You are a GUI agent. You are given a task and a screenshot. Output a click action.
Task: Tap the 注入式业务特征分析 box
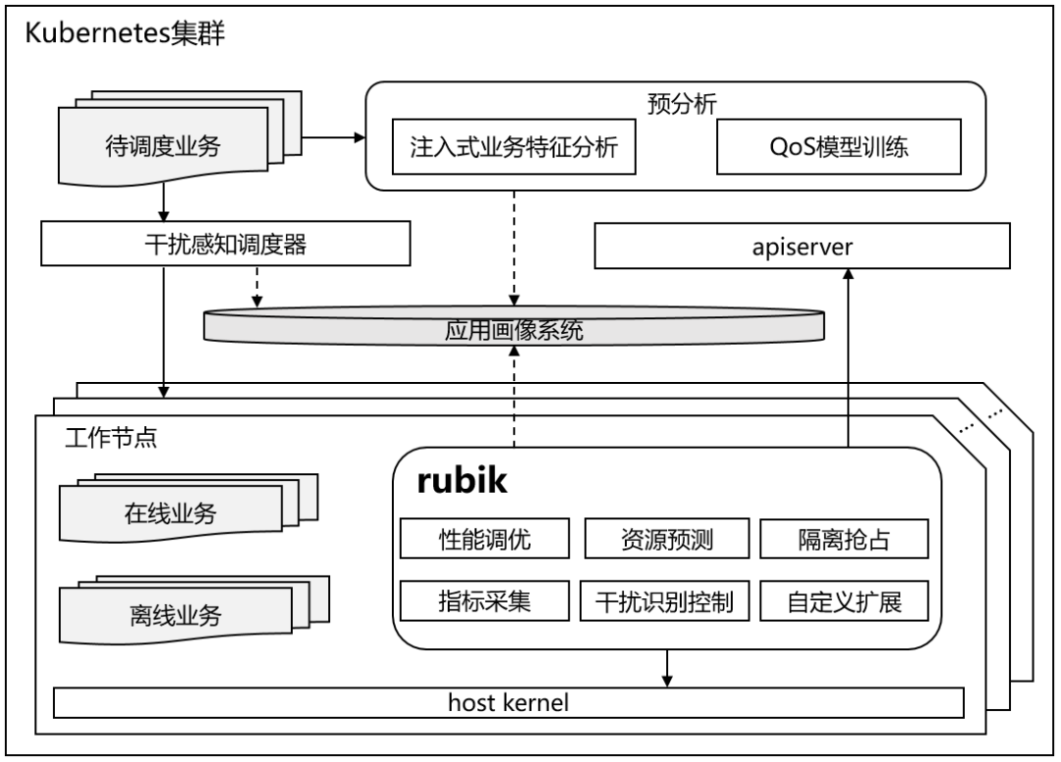pyautogui.click(x=509, y=148)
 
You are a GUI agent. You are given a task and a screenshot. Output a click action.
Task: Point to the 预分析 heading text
pyautogui.click(x=674, y=102)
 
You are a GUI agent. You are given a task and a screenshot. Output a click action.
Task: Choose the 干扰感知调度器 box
pyautogui.click(x=224, y=244)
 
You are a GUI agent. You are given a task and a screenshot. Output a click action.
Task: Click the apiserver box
pyautogui.click(x=802, y=245)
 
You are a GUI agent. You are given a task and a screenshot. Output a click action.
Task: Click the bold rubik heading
pyautogui.click(x=462, y=481)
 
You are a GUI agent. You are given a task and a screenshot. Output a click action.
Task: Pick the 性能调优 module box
pyautogui.click(x=485, y=539)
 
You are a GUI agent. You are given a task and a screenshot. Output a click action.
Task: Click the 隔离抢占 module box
pyautogui.click(x=844, y=539)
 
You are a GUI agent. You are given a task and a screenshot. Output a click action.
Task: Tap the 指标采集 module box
pyautogui.click(x=485, y=600)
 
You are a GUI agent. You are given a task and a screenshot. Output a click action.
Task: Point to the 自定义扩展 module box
pyautogui.click(x=844, y=600)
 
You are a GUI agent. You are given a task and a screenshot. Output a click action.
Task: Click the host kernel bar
pyautogui.click(x=508, y=703)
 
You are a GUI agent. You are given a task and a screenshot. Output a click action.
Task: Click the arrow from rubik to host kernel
pyautogui.click(x=668, y=668)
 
